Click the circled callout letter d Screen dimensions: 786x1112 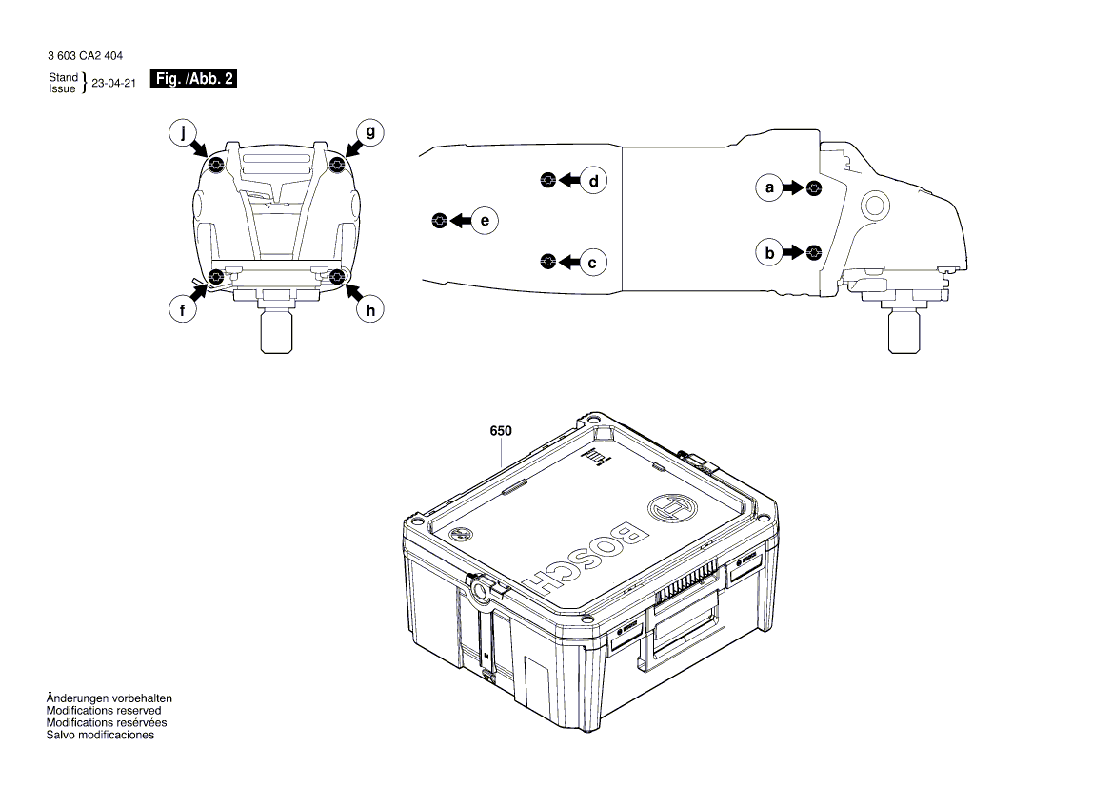tap(593, 180)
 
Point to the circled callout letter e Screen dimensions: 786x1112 tap(485, 221)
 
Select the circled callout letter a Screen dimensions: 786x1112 tap(769, 187)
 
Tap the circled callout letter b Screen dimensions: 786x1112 tap(769, 252)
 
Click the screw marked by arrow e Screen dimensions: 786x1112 tap(439, 221)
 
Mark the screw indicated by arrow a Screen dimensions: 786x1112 tap(813, 187)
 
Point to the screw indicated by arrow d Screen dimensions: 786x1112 tap(546, 180)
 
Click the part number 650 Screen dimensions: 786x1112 tap(501, 431)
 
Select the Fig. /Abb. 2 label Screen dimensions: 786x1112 tap(193, 80)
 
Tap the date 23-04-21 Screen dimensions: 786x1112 tap(114, 84)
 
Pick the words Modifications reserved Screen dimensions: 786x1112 tap(104, 711)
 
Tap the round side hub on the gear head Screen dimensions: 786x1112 tap(874, 205)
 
